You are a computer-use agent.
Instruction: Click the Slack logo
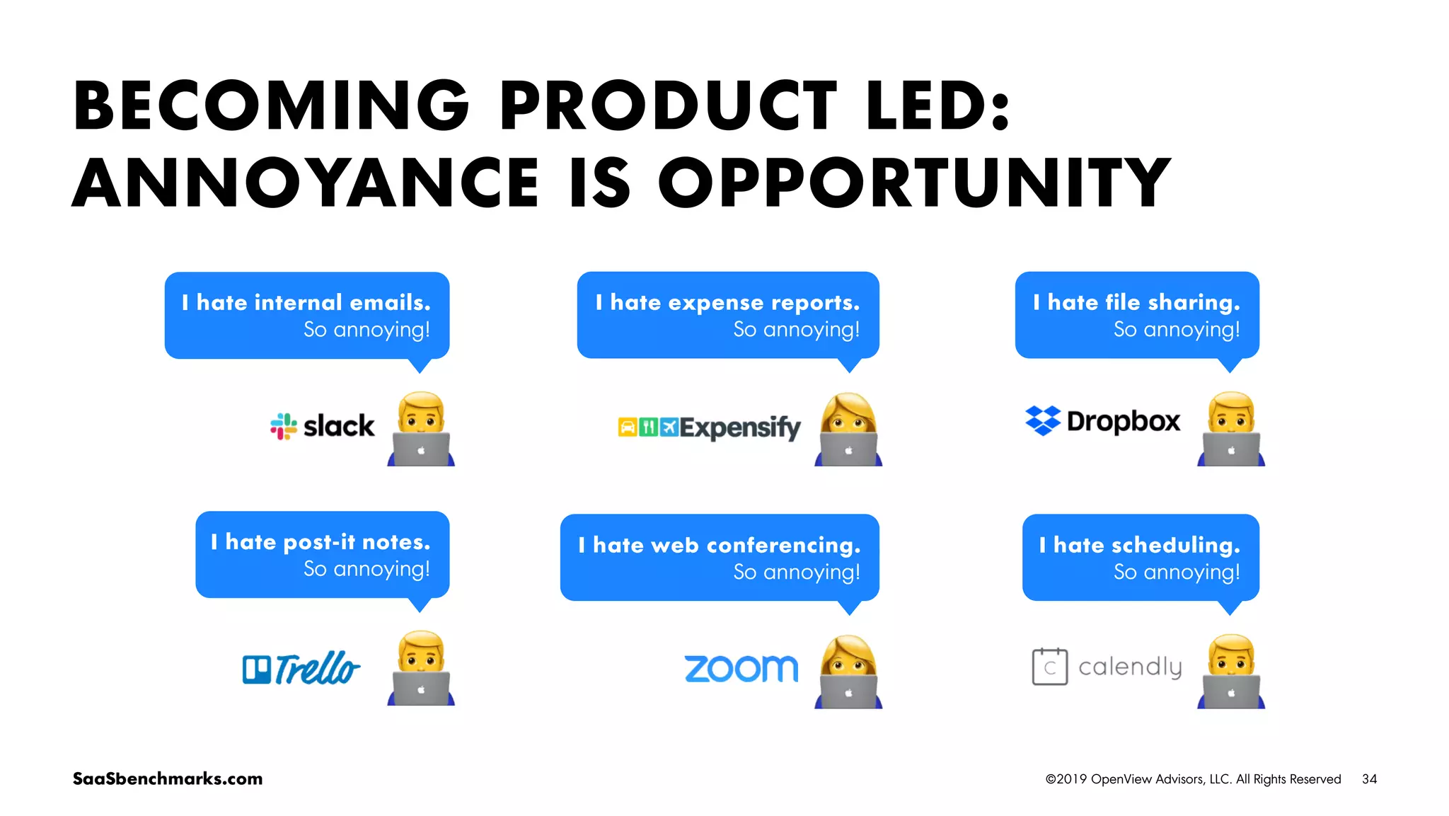[323, 426]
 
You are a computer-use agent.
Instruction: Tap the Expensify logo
[709, 427]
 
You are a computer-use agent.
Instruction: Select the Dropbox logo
[1102, 421]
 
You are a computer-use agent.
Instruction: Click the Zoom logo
[741, 669]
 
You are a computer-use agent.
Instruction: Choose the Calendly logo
[1107, 667]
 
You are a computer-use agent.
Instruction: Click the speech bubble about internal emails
[307, 316]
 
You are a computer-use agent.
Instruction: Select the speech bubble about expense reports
[728, 316]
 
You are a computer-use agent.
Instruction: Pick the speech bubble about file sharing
[1136, 316]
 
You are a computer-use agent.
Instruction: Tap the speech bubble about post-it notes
[322, 555]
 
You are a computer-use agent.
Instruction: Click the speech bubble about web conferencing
[720, 558]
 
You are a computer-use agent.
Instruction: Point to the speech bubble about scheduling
[1141, 558]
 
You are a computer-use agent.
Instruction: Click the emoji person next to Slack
[421, 428]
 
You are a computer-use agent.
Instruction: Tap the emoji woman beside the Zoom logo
[848, 671]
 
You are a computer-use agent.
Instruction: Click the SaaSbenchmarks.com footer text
[168, 778]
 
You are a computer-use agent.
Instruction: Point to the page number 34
[1369, 779]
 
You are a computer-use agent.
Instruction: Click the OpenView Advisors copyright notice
[1193, 779]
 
